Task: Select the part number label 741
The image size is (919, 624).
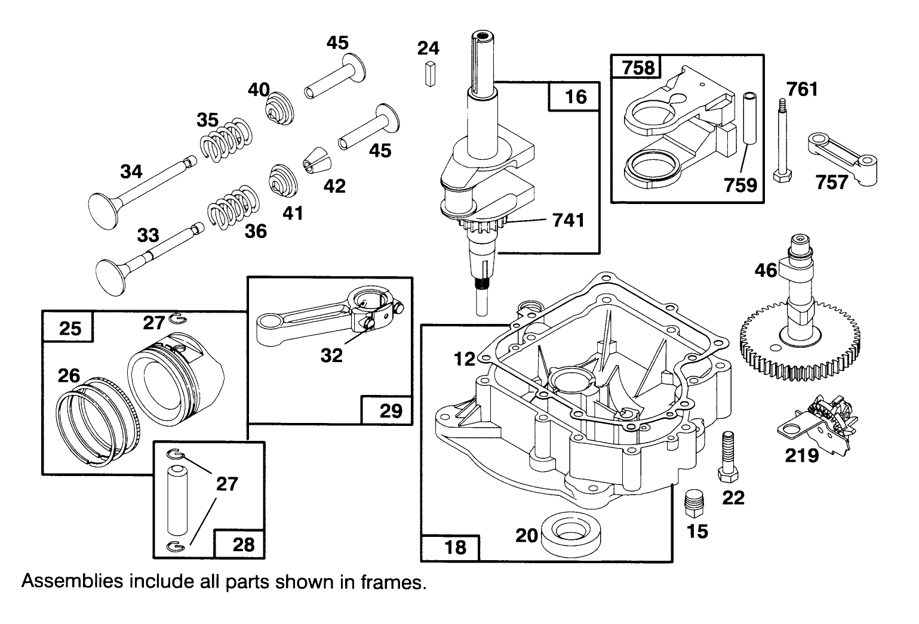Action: (568, 220)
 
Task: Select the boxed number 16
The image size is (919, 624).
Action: (575, 97)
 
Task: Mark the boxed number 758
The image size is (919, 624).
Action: (638, 67)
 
